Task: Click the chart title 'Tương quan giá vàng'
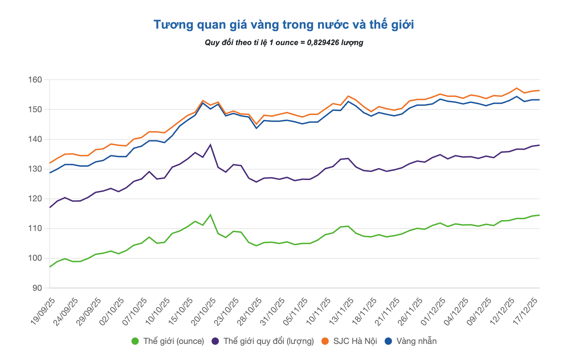click(284, 25)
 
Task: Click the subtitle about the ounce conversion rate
click(284, 43)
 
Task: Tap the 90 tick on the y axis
click(37, 288)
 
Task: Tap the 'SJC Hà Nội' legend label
click(355, 341)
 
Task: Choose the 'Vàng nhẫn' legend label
click(416, 341)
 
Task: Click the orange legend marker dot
click(325, 341)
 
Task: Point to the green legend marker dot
click(135, 341)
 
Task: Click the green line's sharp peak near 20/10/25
click(210, 215)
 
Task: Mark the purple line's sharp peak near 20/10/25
click(210, 145)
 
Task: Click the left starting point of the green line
click(50, 267)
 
